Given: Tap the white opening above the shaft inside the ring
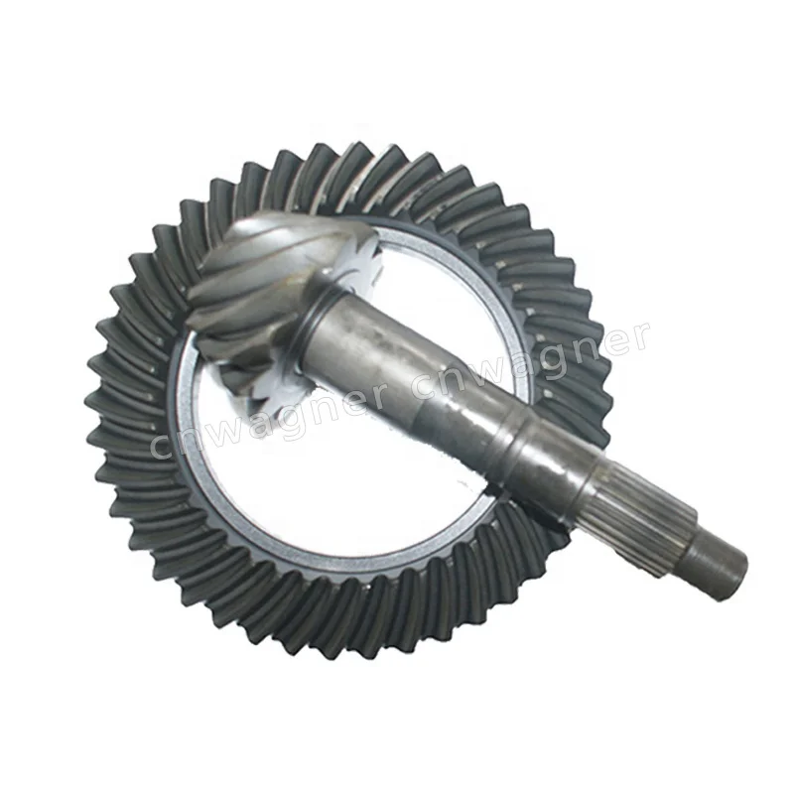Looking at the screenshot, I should click(x=437, y=288).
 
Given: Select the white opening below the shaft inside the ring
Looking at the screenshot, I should click(x=328, y=476).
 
